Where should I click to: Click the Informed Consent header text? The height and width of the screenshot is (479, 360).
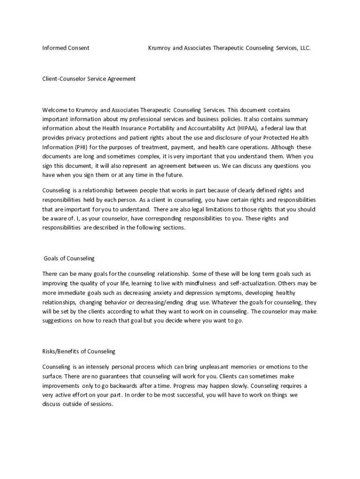(65, 48)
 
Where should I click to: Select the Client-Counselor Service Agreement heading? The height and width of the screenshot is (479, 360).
(89, 79)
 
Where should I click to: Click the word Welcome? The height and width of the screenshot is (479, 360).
(55, 110)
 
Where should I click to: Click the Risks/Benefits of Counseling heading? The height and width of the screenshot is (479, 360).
(79, 351)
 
